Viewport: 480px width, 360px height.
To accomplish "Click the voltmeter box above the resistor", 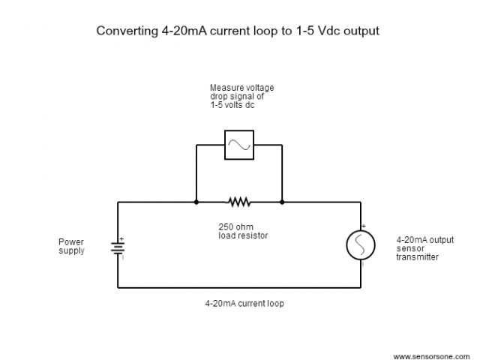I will pyautogui.click(x=238, y=144).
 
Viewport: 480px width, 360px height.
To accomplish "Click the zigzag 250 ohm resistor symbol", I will pyautogui.click(x=238, y=202).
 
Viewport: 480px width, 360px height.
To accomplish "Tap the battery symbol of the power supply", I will pyautogui.click(x=118, y=247).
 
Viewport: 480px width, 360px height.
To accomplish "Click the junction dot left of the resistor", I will pyautogui.click(x=196, y=202).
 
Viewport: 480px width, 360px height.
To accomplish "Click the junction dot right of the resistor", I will pyautogui.click(x=282, y=202).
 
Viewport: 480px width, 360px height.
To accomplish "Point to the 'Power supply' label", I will pyautogui.click(x=72, y=246).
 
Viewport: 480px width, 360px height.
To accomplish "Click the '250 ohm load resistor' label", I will pyautogui.click(x=238, y=232).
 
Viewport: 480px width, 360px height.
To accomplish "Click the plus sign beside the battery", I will pyautogui.click(x=121, y=239).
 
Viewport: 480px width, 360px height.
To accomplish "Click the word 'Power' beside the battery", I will pyautogui.click(x=70, y=241).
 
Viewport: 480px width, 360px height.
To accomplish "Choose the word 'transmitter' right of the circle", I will pyautogui.click(x=418, y=257).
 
